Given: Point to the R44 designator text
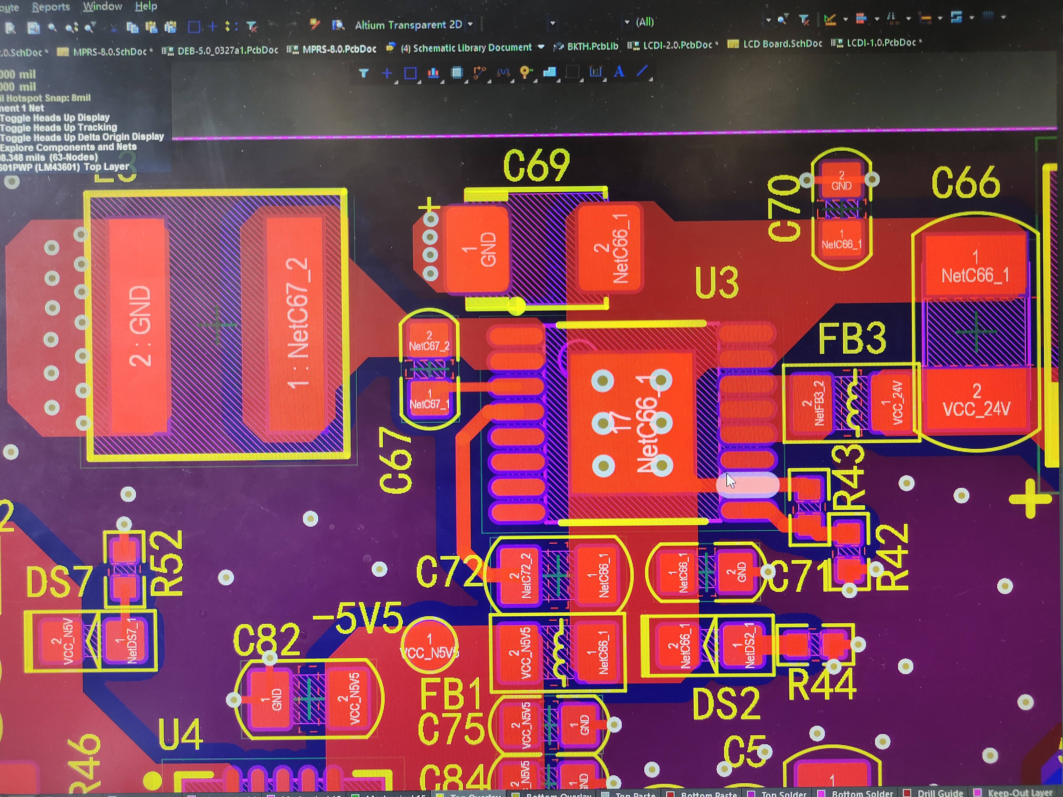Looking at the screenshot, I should click(x=822, y=685).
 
